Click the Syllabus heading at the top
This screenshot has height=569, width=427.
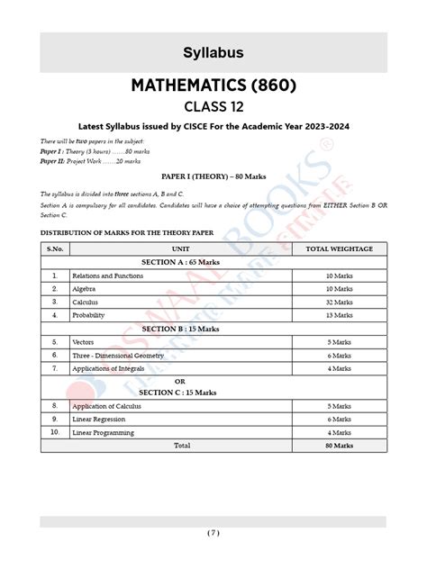pyautogui.click(x=213, y=53)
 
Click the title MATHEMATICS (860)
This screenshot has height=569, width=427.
pyautogui.click(x=213, y=88)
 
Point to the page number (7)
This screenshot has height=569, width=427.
pyautogui.click(x=213, y=533)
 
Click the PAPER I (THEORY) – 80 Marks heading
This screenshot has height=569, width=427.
pyautogui.click(x=213, y=177)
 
